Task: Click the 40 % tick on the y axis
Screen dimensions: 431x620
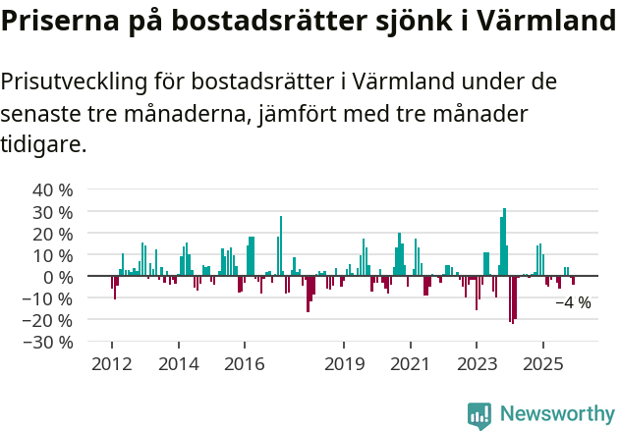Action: point(52,189)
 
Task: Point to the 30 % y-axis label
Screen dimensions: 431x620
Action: point(52,211)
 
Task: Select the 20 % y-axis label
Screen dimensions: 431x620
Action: point(52,233)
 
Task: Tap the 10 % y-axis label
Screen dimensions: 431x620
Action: point(52,254)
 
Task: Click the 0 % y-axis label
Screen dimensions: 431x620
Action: point(57,276)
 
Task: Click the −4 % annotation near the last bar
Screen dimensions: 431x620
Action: point(573,303)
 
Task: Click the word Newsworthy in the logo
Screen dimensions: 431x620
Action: point(557,415)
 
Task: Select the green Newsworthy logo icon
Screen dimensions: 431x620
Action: point(479,415)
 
